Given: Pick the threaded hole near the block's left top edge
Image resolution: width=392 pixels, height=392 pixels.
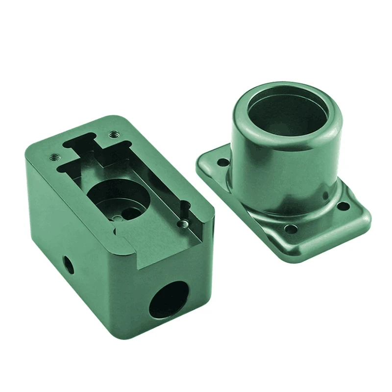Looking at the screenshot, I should tap(54, 158).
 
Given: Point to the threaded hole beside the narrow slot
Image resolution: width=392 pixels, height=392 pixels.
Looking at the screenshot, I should tap(183, 223).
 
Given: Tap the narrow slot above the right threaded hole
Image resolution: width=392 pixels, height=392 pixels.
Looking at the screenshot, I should tap(185, 209).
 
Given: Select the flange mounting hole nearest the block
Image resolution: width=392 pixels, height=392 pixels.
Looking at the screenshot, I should tap(223, 161).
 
